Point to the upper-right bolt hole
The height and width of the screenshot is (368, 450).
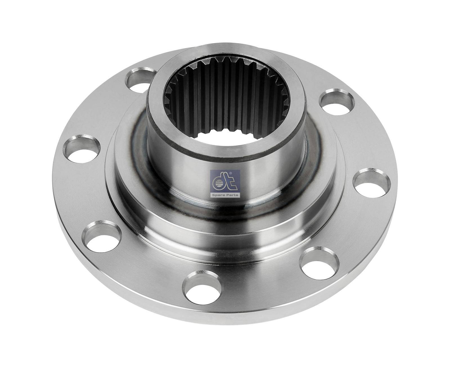pos(337,102)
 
